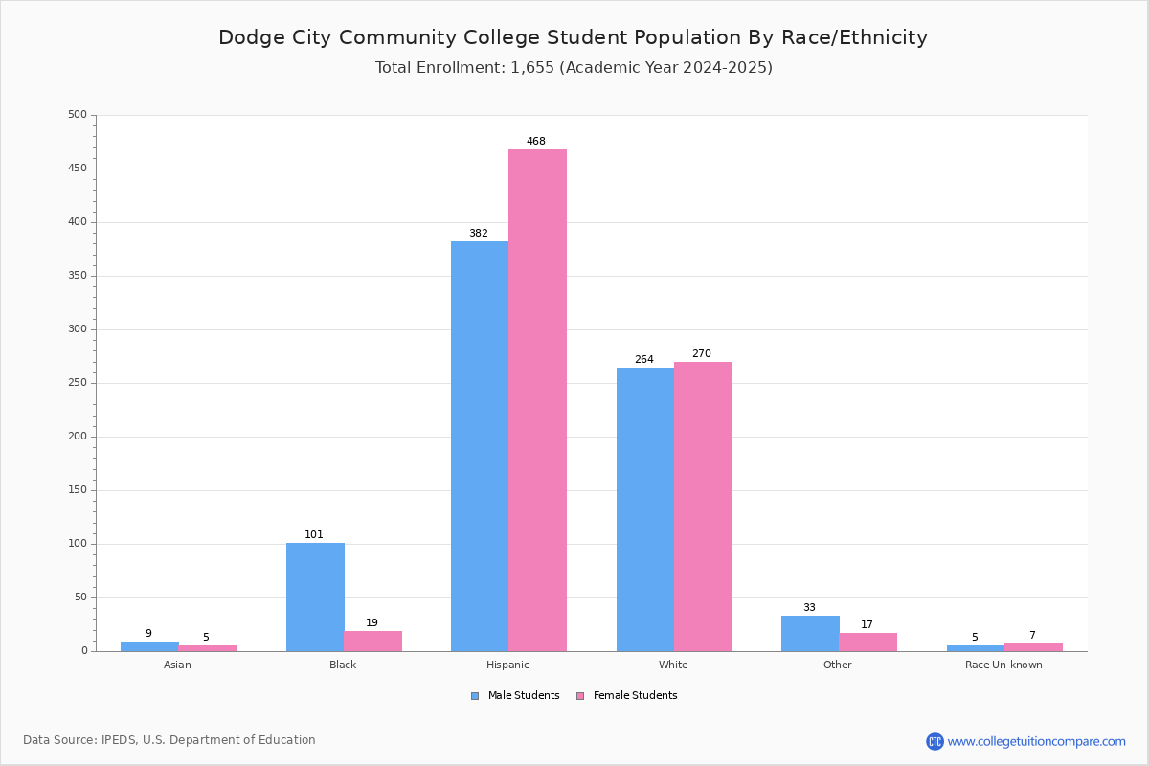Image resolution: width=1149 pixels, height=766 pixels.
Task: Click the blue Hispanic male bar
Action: point(480,446)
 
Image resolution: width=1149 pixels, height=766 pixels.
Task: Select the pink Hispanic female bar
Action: point(537,400)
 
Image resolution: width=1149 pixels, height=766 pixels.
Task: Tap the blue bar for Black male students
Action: point(315,597)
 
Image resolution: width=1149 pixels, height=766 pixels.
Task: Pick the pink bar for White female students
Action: point(703,507)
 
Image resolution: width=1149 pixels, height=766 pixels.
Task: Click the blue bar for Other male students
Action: point(810,633)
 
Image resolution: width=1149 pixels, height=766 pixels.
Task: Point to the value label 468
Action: point(536,142)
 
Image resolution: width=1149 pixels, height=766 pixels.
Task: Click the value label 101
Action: point(314,535)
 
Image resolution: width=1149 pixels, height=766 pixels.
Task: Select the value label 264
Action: point(644,360)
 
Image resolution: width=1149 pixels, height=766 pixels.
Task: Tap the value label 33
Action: point(809,608)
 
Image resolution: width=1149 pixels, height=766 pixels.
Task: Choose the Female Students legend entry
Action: point(627,696)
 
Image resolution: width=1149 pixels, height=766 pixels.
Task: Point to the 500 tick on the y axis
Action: point(78,115)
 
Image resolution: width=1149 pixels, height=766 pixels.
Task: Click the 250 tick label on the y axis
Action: point(78,383)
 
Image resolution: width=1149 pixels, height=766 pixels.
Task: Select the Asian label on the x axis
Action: point(177,665)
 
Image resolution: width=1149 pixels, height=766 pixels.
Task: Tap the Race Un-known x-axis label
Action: point(1003,665)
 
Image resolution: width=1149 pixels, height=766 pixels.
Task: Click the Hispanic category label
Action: point(507,665)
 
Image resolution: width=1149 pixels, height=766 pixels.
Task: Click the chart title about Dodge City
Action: point(573,38)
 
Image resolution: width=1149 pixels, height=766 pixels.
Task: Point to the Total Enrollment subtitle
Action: point(574,68)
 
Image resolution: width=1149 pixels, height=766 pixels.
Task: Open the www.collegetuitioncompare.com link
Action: point(1036,741)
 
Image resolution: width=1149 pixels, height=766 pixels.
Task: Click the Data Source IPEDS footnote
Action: point(169,740)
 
